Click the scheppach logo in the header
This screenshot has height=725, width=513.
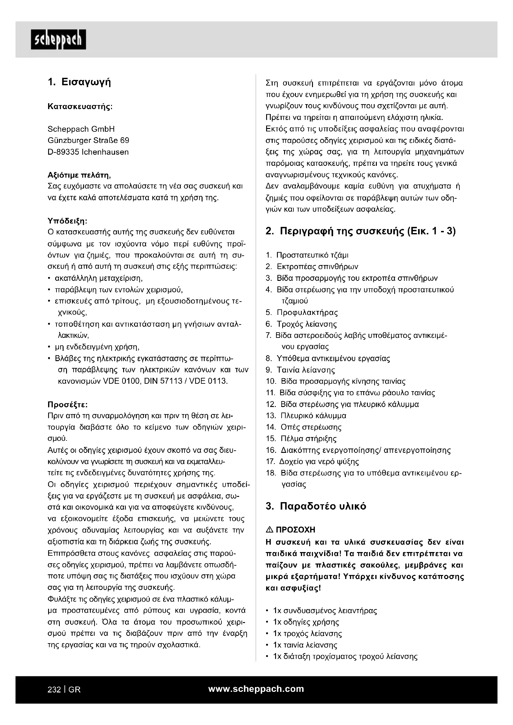pos(58,39)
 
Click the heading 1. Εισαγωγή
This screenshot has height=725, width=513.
pos(79,82)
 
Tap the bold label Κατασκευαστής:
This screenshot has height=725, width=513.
pos(80,106)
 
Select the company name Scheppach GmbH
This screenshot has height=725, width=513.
pos(81,129)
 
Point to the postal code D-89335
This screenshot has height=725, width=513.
pos(63,152)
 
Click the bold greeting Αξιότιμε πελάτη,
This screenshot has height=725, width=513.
pos(79,175)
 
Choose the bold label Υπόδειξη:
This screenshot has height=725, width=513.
pos(67,220)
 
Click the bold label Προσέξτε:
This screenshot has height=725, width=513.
pos(68,404)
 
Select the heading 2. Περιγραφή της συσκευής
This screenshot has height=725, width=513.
pos(360,232)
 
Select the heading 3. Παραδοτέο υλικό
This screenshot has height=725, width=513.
pos(316,506)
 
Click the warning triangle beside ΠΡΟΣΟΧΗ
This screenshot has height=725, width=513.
pos(270,530)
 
